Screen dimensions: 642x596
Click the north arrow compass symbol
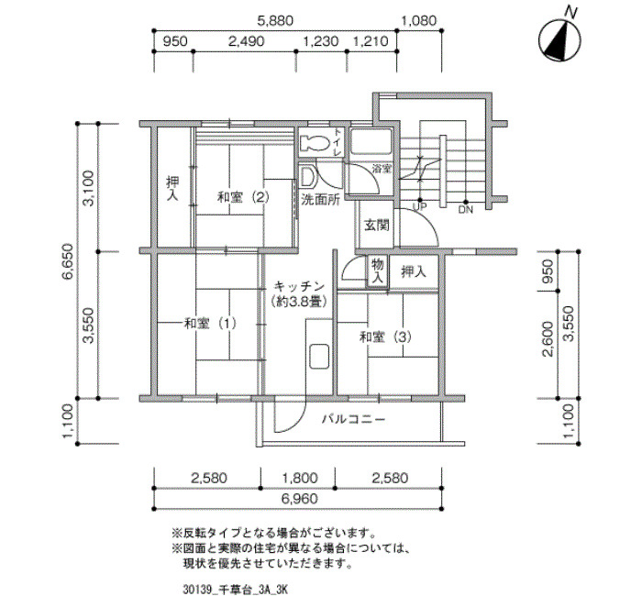559,39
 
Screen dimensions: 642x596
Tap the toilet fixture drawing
315,143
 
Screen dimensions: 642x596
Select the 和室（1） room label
210,324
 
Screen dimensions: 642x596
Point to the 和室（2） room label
243,198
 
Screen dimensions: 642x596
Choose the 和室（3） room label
385,337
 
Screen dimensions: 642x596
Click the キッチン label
299,286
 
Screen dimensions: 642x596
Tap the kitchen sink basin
319,357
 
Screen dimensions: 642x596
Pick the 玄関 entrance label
377,225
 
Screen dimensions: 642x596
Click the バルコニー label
353,420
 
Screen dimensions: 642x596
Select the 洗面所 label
321,200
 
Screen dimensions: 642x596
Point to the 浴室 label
382,168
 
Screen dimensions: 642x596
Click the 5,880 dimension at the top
274,20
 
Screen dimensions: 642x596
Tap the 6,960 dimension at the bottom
299,499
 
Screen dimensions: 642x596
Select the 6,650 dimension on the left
68,260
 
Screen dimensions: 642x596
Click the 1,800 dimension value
298,478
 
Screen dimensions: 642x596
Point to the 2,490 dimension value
246,41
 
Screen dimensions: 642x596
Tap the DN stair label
466,210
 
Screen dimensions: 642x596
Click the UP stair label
419,207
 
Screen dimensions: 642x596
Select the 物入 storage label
377,271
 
